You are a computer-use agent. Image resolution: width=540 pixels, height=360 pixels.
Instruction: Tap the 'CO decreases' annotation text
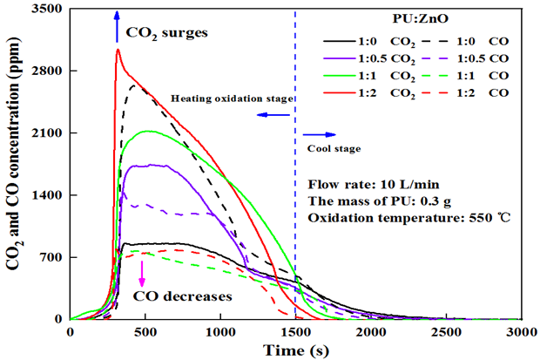click(x=183, y=296)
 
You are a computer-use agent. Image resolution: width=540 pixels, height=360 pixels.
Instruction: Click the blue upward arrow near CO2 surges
click(x=117, y=27)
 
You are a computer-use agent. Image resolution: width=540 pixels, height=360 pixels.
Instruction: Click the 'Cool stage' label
click(x=334, y=148)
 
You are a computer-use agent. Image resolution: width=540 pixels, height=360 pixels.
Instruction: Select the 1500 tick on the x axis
click(x=295, y=332)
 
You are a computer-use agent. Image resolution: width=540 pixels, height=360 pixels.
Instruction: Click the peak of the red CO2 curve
click(x=118, y=50)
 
